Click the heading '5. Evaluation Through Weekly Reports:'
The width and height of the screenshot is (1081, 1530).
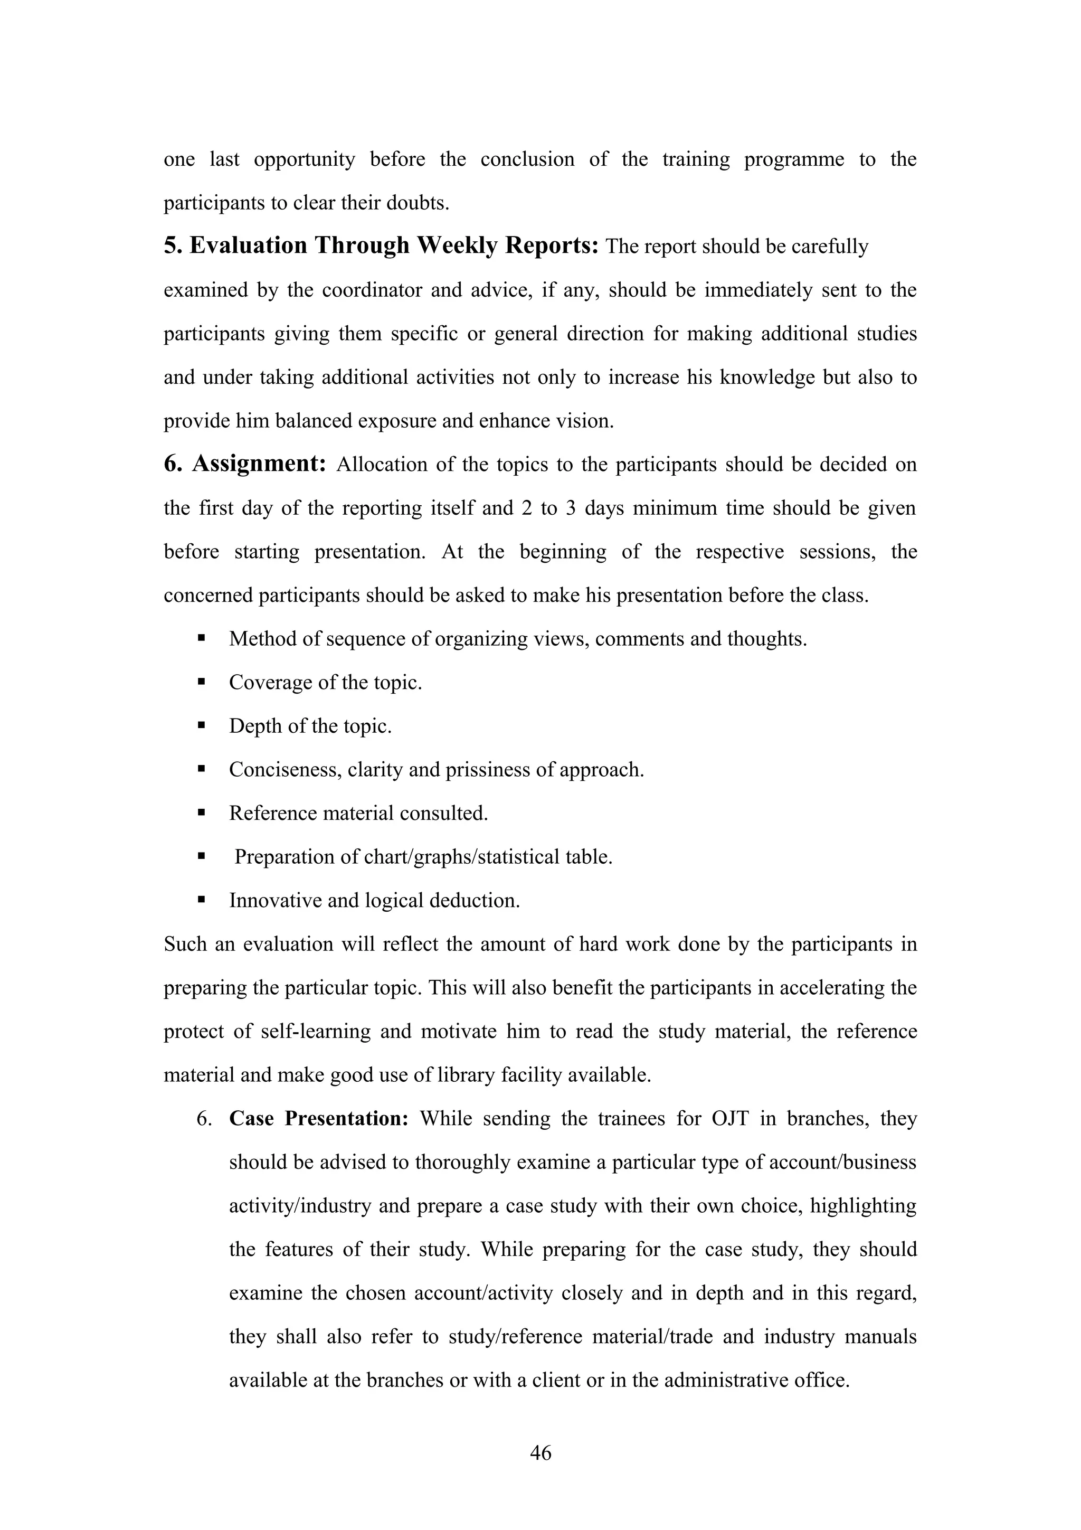click(x=382, y=246)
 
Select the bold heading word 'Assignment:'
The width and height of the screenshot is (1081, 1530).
click(x=259, y=464)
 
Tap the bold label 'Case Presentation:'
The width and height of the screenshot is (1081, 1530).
click(x=319, y=1119)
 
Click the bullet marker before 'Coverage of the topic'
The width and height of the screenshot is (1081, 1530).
click(x=201, y=682)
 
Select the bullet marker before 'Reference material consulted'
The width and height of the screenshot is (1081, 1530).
click(x=201, y=813)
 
